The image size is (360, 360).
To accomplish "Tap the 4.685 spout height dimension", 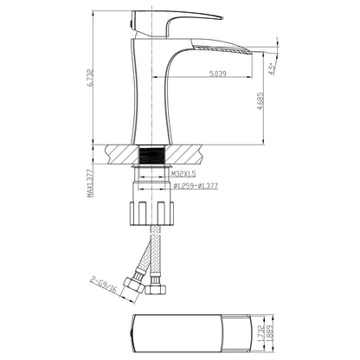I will (x=258, y=105).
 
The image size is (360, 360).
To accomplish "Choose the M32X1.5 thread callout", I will (x=160, y=174).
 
